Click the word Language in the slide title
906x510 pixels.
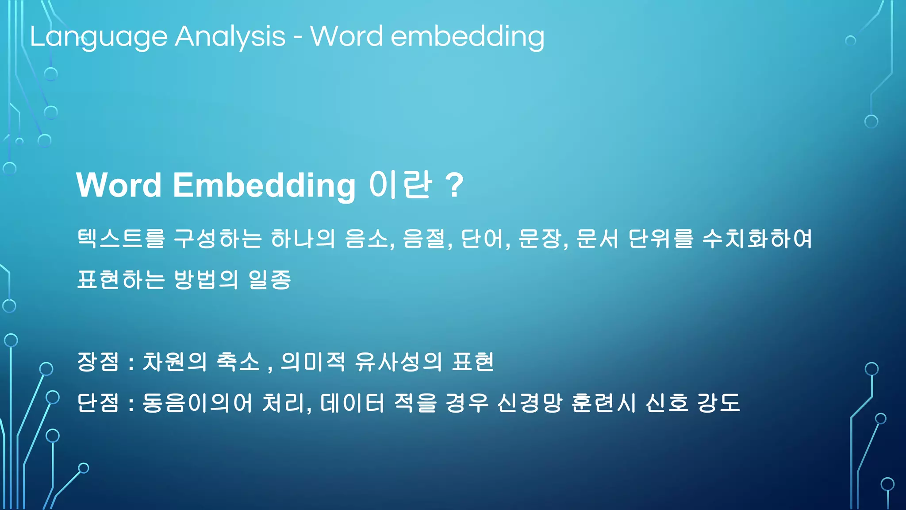pyautogui.click(x=98, y=37)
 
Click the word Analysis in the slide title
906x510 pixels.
pyautogui.click(x=230, y=37)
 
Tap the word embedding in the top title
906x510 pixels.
pyautogui.click(x=468, y=37)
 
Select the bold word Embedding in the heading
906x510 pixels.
pyautogui.click(x=264, y=185)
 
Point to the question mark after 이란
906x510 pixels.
pyautogui.click(x=454, y=185)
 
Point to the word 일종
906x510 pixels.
pyautogui.click(x=270, y=279)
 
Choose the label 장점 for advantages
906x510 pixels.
pyautogui.click(x=98, y=362)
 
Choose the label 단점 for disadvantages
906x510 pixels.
pyautogui.click(x=98, y=403)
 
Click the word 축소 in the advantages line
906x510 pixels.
pyautogui.click(x=238, y=362)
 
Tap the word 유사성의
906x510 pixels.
pyautogui.click(x=398, y=362)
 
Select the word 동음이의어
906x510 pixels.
pyautogui.click(x=197, y=403)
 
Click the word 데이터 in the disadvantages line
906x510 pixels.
pyautogui.click(x=352, y=403)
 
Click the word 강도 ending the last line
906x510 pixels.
pyautogui.click(x=718, y=403)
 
